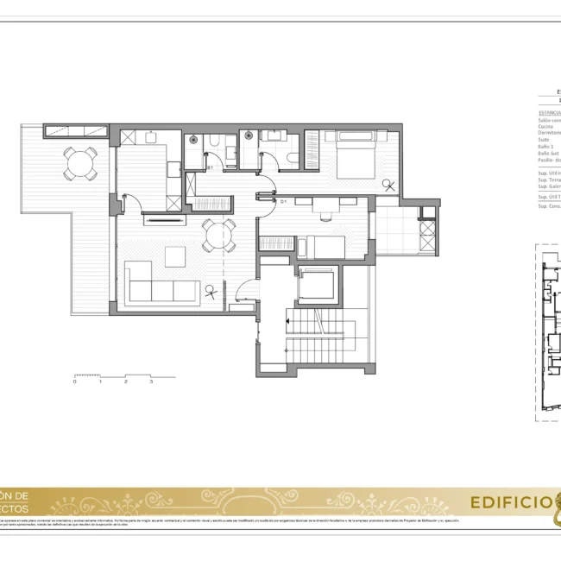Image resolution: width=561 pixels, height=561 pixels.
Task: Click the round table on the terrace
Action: click(x=79, y=162)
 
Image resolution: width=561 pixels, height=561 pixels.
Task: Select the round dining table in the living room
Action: click(x=219, y=234)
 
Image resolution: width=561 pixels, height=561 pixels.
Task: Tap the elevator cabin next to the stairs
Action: click(x=317, y=284)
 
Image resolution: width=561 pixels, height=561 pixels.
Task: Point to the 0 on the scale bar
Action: click(x=75, y=381)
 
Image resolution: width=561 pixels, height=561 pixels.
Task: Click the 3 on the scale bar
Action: click(x=151, y=381)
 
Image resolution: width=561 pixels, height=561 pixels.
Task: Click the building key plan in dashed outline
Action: click(x=550, y=332)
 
